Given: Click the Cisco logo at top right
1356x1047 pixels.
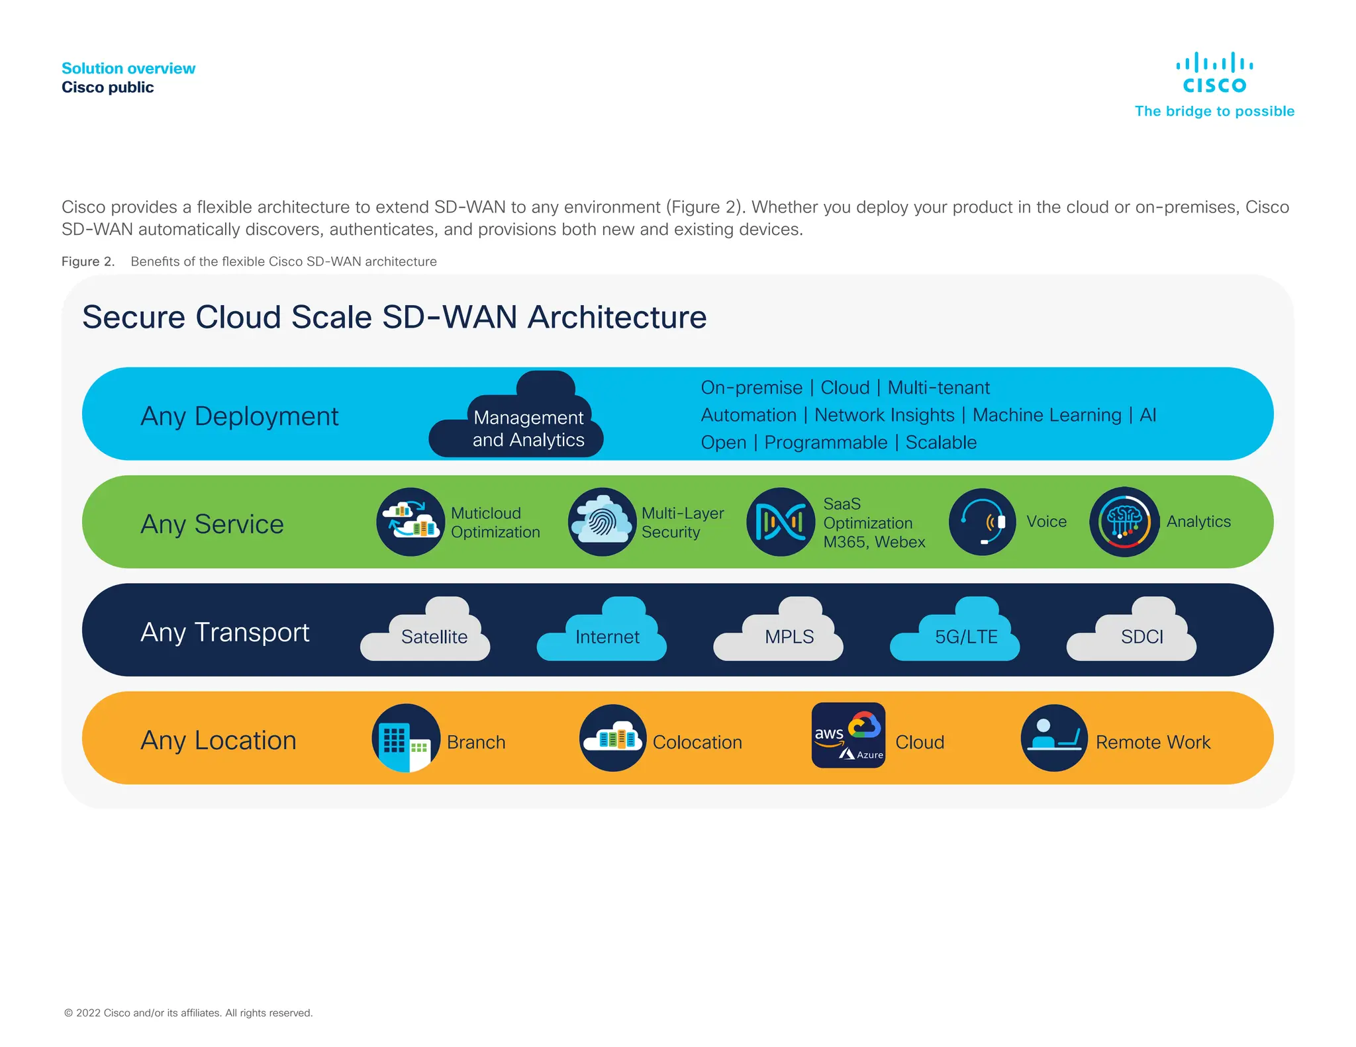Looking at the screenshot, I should [x=1214, y=73].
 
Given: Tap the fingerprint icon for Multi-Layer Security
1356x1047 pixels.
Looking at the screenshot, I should [x=602, y=522].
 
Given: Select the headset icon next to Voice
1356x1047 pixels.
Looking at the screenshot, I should [x=982, y=522].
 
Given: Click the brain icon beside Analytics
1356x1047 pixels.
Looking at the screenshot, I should [x=1124, y=522].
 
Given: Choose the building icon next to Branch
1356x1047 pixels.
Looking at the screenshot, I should [x=406, y=738].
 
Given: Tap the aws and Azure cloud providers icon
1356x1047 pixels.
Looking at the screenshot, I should [x=848, y=735].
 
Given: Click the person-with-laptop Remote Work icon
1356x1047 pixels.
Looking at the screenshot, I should [x=1054, y=738].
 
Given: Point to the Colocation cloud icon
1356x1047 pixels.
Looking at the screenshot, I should [x=613, y=738].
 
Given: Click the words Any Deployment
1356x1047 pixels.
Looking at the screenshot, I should [x=239, y=416].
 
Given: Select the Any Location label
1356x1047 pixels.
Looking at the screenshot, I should [x=218, y=740].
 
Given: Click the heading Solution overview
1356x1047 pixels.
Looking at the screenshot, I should [x=128, y=68].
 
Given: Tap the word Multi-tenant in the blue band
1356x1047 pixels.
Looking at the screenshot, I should [x=938, y=387].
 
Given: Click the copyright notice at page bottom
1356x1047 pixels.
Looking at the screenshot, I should [x=188, y=1013].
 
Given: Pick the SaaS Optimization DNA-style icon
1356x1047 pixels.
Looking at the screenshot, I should [x=780, y=522].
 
